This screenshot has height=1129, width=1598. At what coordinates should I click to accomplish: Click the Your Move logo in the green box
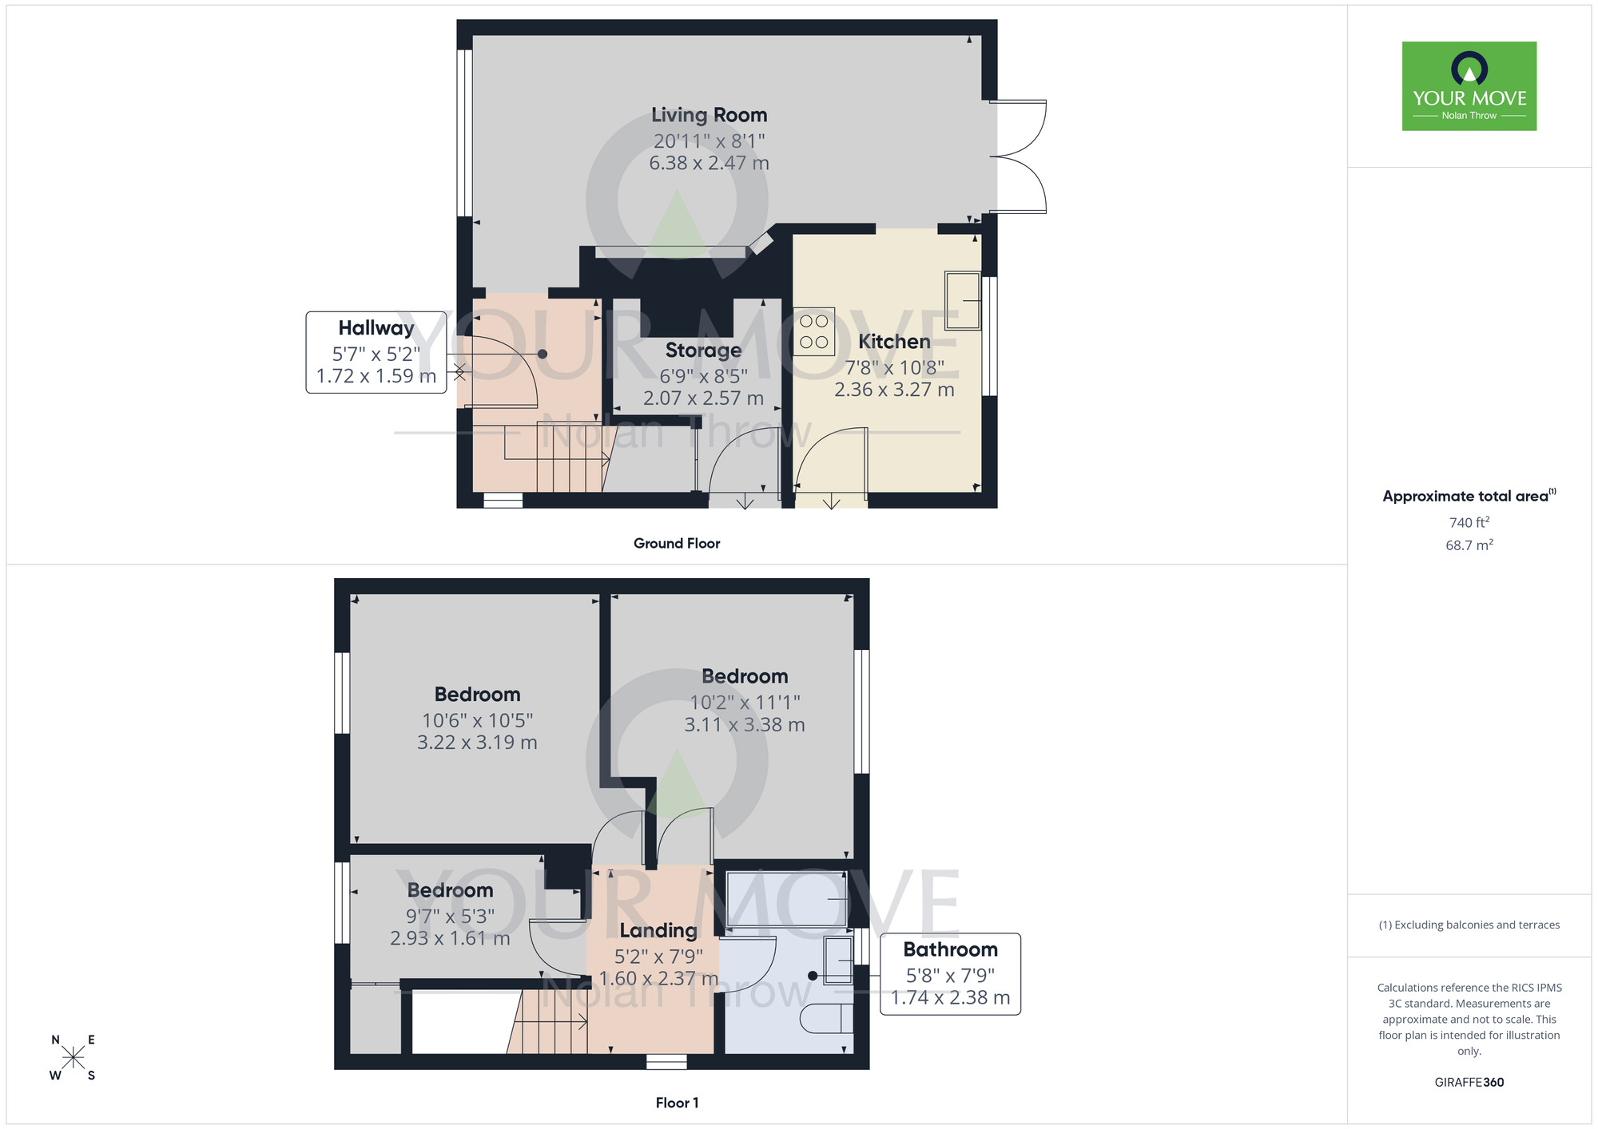pyautogui.click(x=1469, y=85)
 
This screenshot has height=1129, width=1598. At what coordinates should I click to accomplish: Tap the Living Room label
pyautogui.click(x=709, y=115)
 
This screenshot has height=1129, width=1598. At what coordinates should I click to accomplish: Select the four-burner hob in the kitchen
pyautogui.click(x=813, y=331)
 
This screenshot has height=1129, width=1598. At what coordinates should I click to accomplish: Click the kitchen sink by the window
pyautogui.click(x=962, y=301)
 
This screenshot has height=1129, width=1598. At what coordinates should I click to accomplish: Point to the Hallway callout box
pyautogui.click(x=376, y=352)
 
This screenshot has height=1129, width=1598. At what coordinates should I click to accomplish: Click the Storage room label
pyautogui.click(x=703, y=351)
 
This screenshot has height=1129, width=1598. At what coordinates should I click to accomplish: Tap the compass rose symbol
pyautogui.click(x=73, y=1058)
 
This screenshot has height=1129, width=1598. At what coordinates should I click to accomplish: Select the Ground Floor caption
pyautogui.click(x=676, y=543)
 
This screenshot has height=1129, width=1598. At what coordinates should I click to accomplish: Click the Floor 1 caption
pyautogui.click(x=676, y=1103)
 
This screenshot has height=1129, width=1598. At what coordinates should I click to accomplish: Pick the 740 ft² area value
pyautogui.click(x=1469, y=522)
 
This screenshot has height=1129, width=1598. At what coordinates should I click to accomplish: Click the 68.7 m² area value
pyautogui.click(x=1469, y=545)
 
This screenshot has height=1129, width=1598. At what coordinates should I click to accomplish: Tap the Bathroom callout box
pyautogui.click(x=950, y=973)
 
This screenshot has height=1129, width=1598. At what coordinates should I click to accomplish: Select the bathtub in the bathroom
pyautogui.click(x=786, y=899)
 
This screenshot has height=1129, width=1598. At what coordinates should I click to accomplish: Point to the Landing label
pyautogui.click(x=658, y=931)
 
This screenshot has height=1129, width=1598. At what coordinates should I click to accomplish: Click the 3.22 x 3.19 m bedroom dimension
pyautogui.click(x=477, y=743)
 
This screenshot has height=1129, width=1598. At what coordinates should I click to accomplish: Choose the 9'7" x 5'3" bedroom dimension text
pyautogui.click(x=450, y=917)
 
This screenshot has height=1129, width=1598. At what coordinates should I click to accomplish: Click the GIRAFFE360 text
pyautogui.click(x=1469, y=1083)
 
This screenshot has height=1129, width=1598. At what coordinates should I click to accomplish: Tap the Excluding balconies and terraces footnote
pyautogui.click(x=1469, y=925)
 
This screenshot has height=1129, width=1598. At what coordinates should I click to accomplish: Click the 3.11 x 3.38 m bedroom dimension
pyautogui.click(x=744, y=725)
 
